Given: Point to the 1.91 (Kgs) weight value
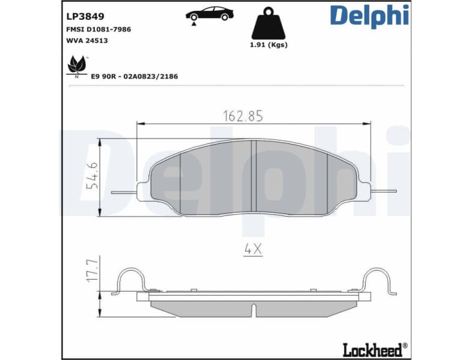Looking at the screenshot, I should (x=268, y=46).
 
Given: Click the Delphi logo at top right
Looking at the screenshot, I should (x=369, y=16).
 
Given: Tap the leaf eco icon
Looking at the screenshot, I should (x=76, y=65).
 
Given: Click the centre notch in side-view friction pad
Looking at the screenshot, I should (x=255, y=310).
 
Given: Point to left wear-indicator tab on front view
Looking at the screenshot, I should (x=124, y=193).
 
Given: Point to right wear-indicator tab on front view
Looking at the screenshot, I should (x=384, y=192).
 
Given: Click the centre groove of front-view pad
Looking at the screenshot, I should (x=253, y=177).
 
